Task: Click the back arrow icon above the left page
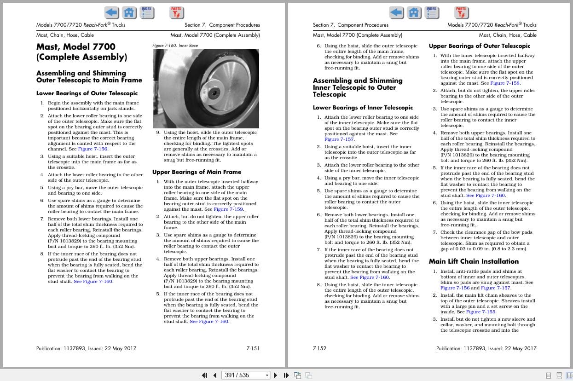pos(111,12)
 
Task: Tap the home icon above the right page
pos(414,12)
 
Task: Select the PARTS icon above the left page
pos(176,12)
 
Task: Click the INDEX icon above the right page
pos(432,12)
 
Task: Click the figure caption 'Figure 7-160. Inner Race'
pos(175,46)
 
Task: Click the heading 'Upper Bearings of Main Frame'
pos(197,172)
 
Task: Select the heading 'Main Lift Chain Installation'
pos(474,261)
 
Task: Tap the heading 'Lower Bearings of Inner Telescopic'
pos(363,108)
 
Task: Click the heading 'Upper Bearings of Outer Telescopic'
pos(479,46)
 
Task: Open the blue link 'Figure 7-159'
pos(228,209)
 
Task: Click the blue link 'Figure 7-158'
pos(505,83)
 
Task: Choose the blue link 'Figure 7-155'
pos(480,312)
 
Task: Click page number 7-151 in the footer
pos(253,348)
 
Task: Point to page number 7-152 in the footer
pos(319,348)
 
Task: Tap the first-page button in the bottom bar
pos(205,375)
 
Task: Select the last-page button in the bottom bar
pos(286,375)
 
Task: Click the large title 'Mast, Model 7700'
pos(76,46)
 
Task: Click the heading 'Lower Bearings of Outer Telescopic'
pos(87,93)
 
